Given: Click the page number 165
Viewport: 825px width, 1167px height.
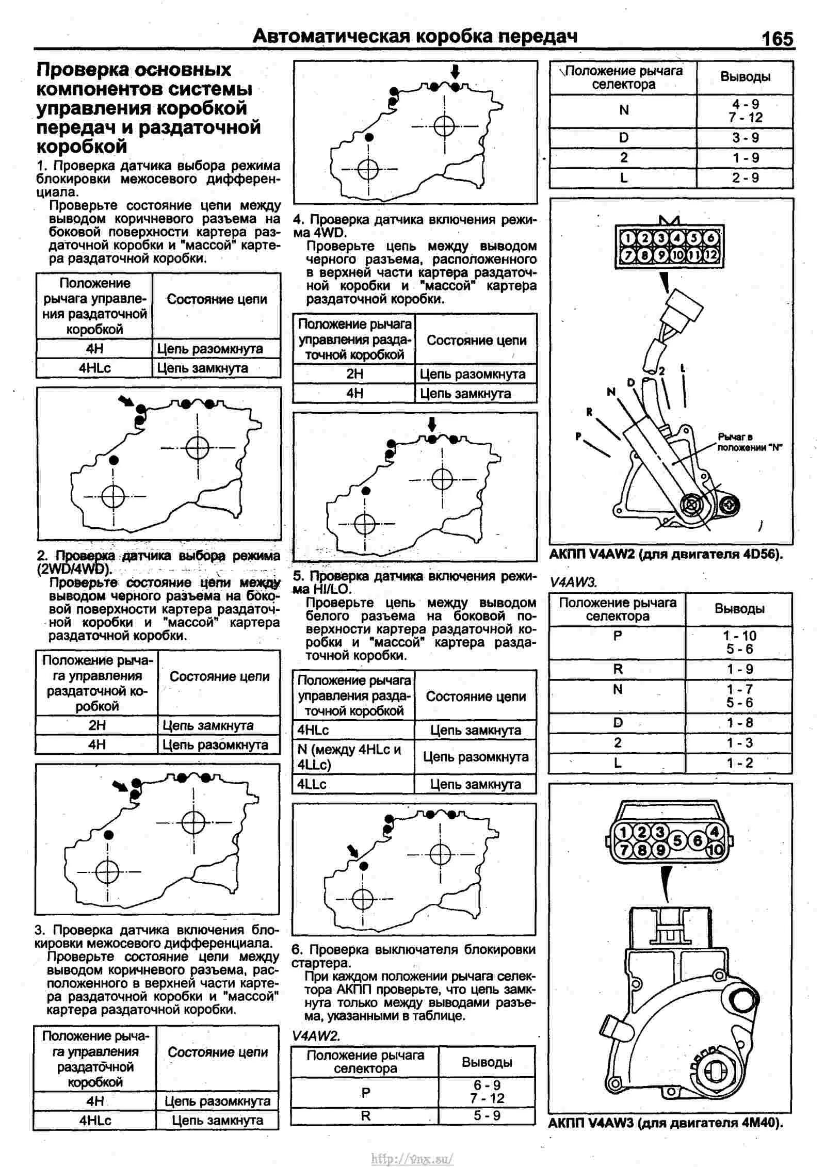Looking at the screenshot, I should (777, 39).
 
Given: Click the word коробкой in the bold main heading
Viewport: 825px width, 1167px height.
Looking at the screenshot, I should (82, 147).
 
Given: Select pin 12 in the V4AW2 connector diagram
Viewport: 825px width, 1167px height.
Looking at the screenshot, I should (711, 254).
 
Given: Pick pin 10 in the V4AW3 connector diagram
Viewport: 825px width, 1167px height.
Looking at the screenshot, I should (715, 849).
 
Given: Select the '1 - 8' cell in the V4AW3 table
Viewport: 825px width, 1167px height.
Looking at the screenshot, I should (739, 723).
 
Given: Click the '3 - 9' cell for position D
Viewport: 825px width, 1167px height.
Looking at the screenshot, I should (745, 138).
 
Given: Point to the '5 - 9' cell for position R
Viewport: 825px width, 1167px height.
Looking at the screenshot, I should (487, 1115).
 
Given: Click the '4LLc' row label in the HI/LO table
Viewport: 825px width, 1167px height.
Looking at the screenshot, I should (312, 784).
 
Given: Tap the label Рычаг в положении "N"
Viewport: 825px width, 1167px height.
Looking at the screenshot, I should (749, 442).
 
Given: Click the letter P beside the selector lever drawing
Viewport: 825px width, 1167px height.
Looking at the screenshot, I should (578, 436).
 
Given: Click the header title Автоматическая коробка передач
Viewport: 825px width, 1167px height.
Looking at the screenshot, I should (415, 36).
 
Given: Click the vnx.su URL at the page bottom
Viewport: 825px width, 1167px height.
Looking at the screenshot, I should (412, 1158).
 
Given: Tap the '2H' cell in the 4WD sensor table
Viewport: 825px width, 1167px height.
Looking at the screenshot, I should (354, 374).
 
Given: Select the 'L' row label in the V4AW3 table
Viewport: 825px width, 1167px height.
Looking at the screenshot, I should (618, 763).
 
